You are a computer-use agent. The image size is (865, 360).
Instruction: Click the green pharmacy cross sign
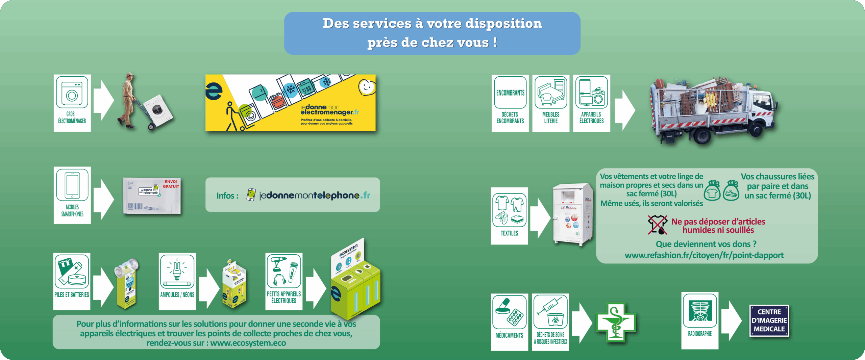pos(615,323)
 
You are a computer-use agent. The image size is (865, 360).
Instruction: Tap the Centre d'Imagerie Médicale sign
pos(769,320)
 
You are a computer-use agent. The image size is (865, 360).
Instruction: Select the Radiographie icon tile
pos(700,320)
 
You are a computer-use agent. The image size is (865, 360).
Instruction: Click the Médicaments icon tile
pos(509,322)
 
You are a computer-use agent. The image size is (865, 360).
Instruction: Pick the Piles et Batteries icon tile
pos(72,281)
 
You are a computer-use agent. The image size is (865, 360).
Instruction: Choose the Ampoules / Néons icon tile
pos(177,281)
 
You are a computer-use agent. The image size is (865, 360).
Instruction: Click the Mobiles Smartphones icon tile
pos(72,195)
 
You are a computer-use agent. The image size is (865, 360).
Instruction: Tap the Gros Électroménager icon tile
pos(72,103)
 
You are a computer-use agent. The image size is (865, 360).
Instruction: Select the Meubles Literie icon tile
pos(551,103)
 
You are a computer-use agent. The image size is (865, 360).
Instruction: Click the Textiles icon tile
pos(509,215)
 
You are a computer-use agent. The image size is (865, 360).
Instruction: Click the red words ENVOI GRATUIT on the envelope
pos(171,184)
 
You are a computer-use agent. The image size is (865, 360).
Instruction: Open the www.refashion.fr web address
pos(704,255)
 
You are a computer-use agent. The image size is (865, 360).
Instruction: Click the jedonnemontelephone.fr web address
pos(314,195)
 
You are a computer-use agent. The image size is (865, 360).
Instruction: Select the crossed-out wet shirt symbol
pos(657,225)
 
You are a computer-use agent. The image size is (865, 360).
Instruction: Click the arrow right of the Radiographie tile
pos(732,320)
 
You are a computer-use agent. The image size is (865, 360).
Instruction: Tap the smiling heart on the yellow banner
pos(366,87)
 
